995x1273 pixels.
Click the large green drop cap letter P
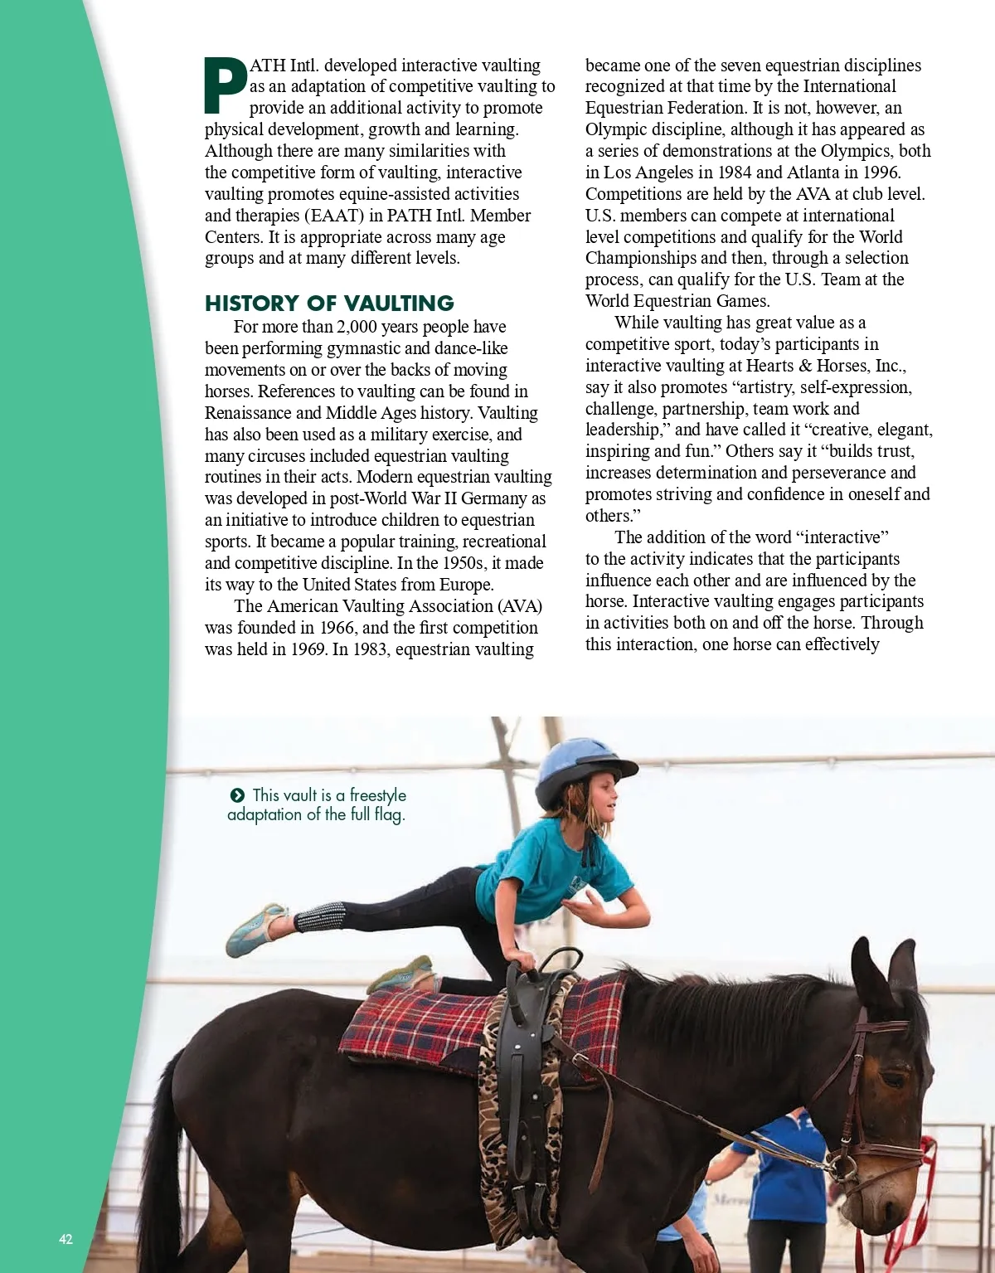225,85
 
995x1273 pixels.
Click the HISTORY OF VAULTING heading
329,303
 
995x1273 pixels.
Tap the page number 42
66,1239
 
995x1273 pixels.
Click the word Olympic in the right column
616,129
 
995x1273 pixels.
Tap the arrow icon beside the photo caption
237,795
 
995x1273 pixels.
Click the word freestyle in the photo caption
378,795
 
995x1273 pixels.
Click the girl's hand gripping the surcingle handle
521,960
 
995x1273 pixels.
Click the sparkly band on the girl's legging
320,917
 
